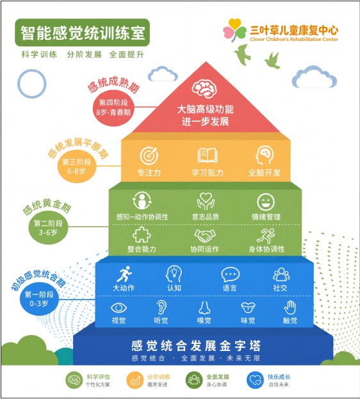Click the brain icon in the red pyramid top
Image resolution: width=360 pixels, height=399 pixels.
pyautogui.click(x=204, y=89)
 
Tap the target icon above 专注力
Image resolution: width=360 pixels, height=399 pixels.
pyautogui.click(x=149, y=156)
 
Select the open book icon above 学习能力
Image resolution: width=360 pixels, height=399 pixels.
pyautogui.click(x=208, y=155)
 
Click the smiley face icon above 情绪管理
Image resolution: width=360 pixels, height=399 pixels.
pyautogui.click(x=266, y=202)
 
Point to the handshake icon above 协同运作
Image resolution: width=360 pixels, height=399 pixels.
pyautogui.click(x=205, y=236)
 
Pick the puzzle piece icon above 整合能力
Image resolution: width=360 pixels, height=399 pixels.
pyautogui.click(x=142, y=234)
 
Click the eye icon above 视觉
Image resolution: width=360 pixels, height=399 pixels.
pyautogui.click(x=119, y=308)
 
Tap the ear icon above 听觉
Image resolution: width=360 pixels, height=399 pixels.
pyautogui.click(x=161, y=307)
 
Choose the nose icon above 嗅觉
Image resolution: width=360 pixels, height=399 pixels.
pyautogui.click(x=204, y=307)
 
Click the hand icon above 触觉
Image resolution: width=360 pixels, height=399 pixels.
pyautogui.click(x=290, y=307)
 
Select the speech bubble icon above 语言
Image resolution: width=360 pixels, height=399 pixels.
pyautogui.click(x=230, y=275)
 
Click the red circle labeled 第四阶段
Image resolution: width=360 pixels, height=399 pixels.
pyautogui.click(x=113, y=108)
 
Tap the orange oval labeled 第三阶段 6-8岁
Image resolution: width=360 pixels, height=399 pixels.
pyautogui.click(x=77, y=167)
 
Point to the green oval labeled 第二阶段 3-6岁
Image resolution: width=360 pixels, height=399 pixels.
pyautogui.click(x=48, y=228)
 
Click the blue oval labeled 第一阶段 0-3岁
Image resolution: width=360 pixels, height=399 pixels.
pyautogui.click(x=39, y=299)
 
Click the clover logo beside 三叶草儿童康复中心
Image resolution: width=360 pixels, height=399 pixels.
pyautogui.click(x=234, y=29)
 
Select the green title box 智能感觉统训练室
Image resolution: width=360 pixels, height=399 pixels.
pyautogui.click(x=82, y=33)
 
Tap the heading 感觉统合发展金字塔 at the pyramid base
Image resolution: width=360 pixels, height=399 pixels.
pyautogui.click(x=196, y=346)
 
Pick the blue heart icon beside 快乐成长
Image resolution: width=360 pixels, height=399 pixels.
pyautogui.click(x=255, y=380)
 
